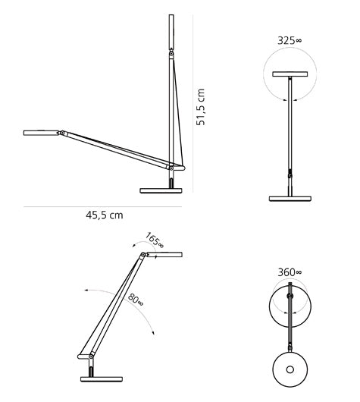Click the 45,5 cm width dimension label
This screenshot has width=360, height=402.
(104, 215)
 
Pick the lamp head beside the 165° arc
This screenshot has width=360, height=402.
(165, 256)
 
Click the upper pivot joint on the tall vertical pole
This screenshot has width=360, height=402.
(171, 55)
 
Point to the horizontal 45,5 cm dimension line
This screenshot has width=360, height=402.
(104, 205)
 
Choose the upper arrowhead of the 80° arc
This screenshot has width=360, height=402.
(86, 291)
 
